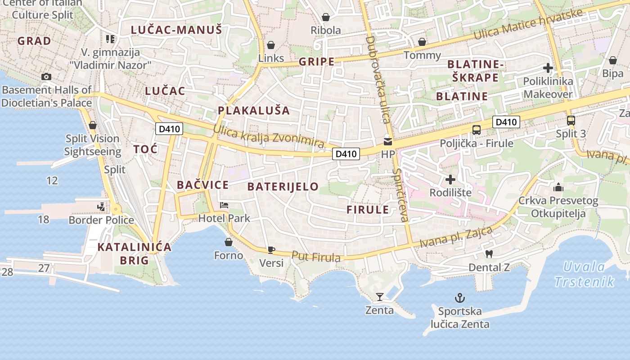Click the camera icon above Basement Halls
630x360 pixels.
click(46, 76)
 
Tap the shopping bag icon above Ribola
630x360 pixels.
click(326, 18)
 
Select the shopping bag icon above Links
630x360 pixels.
click(271, 45)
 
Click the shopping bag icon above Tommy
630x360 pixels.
click(422, 42)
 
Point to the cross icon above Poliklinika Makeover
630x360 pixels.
click(548, 68)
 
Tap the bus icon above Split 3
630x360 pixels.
click(571, 120)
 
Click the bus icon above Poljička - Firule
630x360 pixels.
click(476, 130)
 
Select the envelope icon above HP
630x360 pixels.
click(387, 142)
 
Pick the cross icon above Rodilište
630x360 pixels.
click(450, 180)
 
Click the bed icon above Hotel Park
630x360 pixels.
click(224, 205)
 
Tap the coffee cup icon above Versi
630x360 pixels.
click(271, 249)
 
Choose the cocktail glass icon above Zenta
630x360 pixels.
click(380, 297)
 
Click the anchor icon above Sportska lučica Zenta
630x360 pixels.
click(459, 297)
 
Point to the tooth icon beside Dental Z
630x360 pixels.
click(489, 254)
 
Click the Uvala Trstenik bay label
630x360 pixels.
click(585, 274)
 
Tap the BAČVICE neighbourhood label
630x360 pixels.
click(202, 185)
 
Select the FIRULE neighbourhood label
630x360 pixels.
click(368, 210)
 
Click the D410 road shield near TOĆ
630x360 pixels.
click(169, 129)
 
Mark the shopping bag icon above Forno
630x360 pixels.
click(229, 242)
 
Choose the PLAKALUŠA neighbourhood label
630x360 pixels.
click(254, 111)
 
